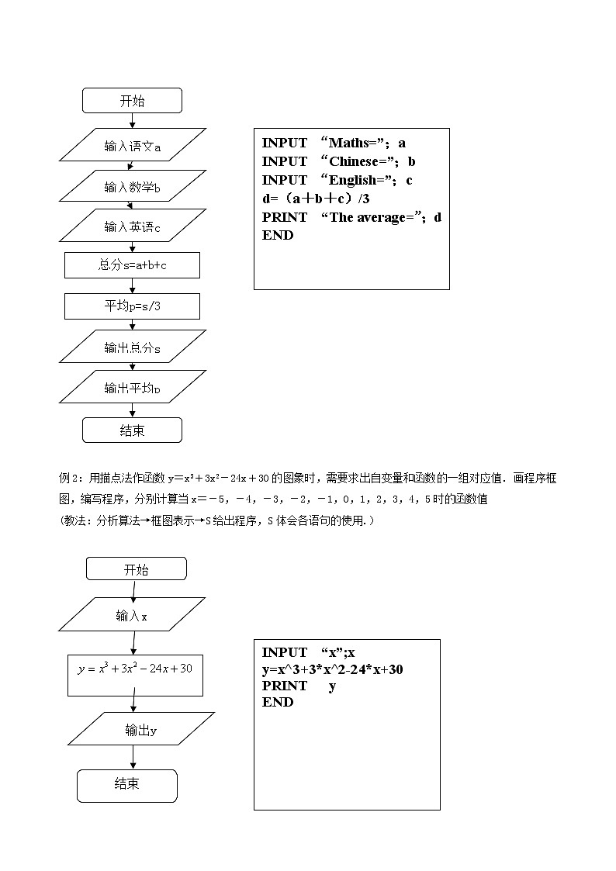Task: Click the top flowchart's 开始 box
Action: click(132, 101)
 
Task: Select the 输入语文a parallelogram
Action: click(133, 146)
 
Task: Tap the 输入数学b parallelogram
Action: click(133, 186)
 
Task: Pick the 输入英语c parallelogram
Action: click(133, 226)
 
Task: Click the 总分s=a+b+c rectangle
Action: click(133, 265)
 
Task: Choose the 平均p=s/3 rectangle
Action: click(133, 306)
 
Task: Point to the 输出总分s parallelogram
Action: click(133, 348)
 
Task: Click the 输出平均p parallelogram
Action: click(133, 388)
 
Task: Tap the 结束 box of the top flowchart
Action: click(132, 430)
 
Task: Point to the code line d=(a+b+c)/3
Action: click(316, 199)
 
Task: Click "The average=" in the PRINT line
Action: click(372, 217)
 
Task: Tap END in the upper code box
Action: click(278, 235)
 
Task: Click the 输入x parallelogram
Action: click(132, 616)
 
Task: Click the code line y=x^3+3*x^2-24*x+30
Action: click(332, 669)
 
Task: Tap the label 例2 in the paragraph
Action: click(69, 479)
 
